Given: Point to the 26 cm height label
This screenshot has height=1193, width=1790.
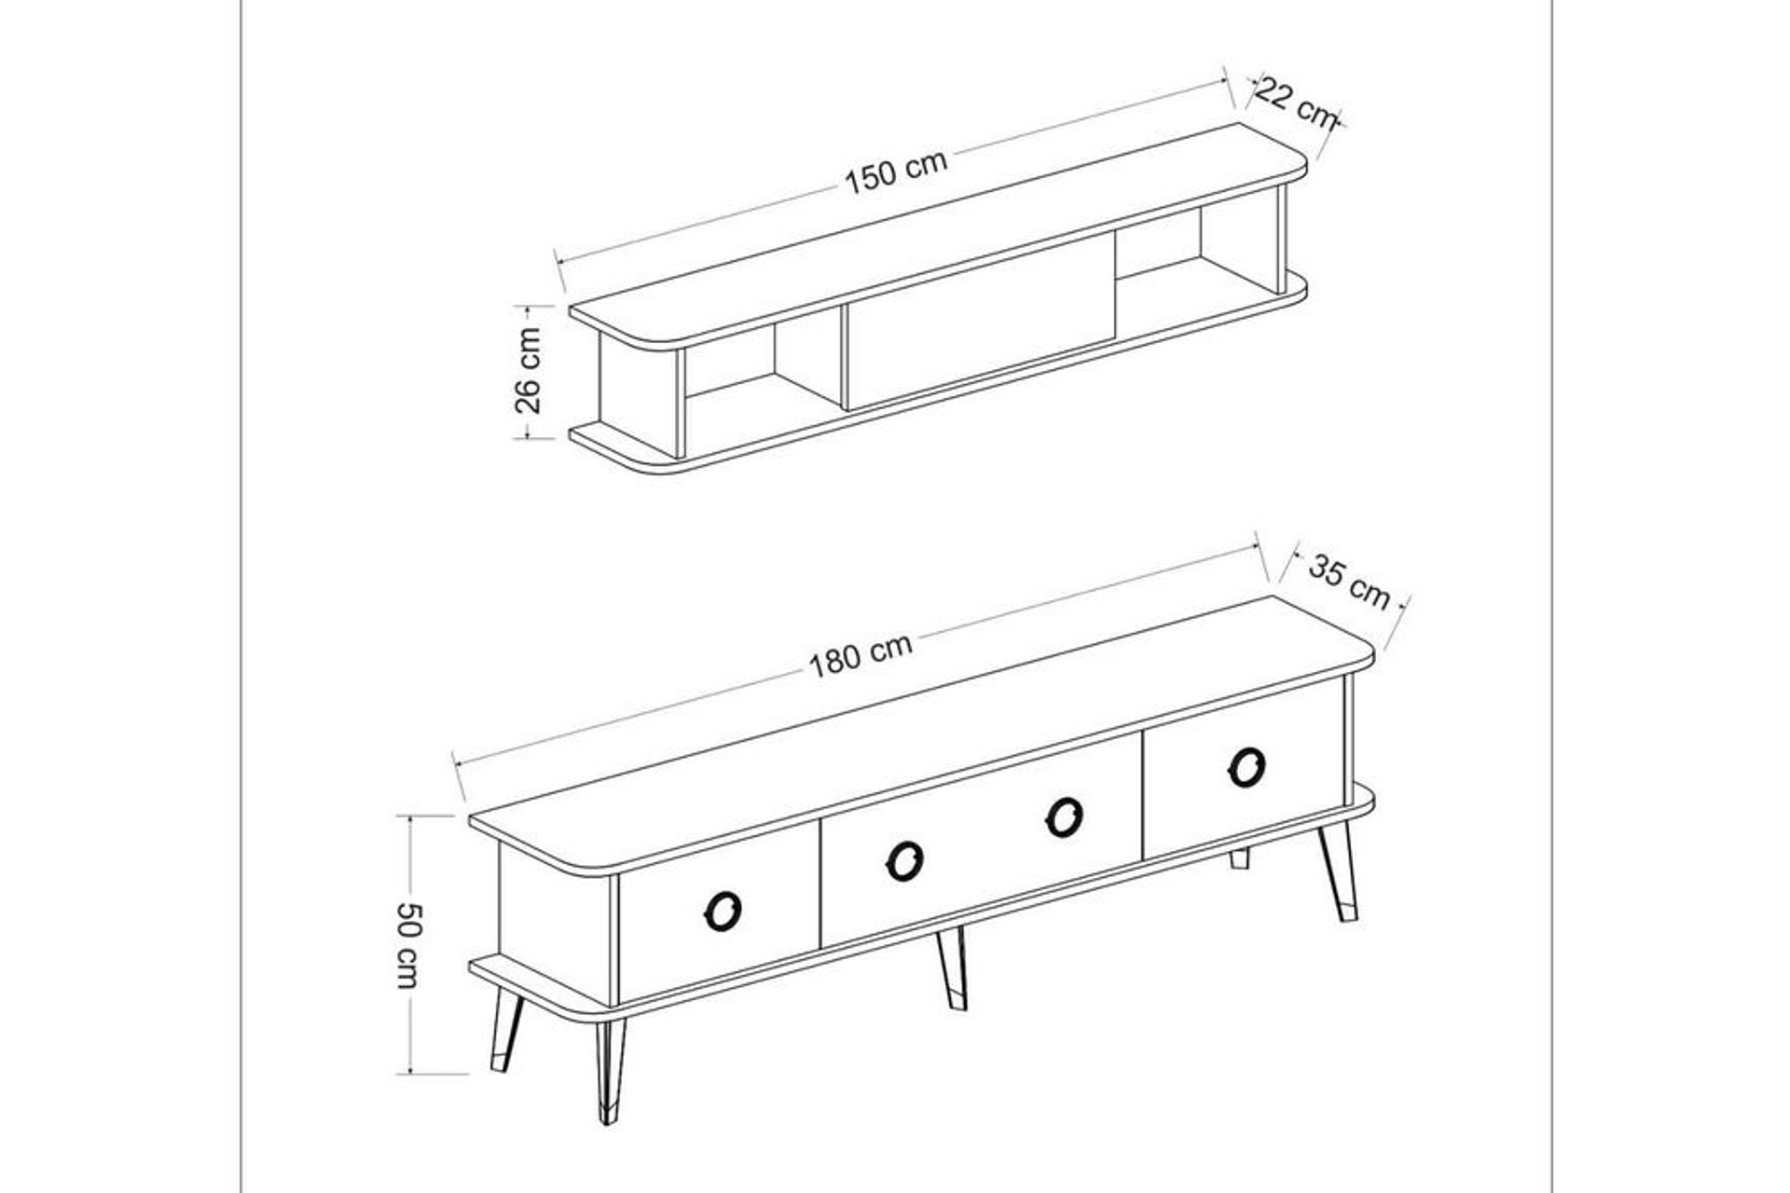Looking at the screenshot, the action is coord(528,370).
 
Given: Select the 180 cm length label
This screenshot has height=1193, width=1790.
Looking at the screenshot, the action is coord(860,656).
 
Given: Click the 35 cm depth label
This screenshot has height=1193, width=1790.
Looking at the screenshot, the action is coord(1349,582).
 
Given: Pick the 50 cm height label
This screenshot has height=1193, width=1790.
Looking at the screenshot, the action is coord(408,944).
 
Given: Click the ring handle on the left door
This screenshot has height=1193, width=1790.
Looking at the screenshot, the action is coord(723,911).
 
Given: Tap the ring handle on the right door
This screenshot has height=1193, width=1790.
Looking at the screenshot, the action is coord(1246,767).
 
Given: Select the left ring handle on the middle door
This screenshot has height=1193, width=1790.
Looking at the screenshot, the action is coord(904,860).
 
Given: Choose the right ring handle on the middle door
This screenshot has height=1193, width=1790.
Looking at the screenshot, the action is coord(1064,817).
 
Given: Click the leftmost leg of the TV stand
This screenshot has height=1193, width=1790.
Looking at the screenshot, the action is coord(506,1030).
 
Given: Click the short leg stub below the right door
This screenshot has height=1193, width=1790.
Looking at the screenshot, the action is coord(1239,858).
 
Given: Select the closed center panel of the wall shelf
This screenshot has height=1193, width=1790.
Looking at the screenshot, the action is coord(980,322).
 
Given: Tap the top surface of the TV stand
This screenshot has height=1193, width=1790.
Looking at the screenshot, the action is coord(921,735).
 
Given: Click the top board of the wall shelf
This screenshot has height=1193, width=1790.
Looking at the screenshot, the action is coord(938,236).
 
